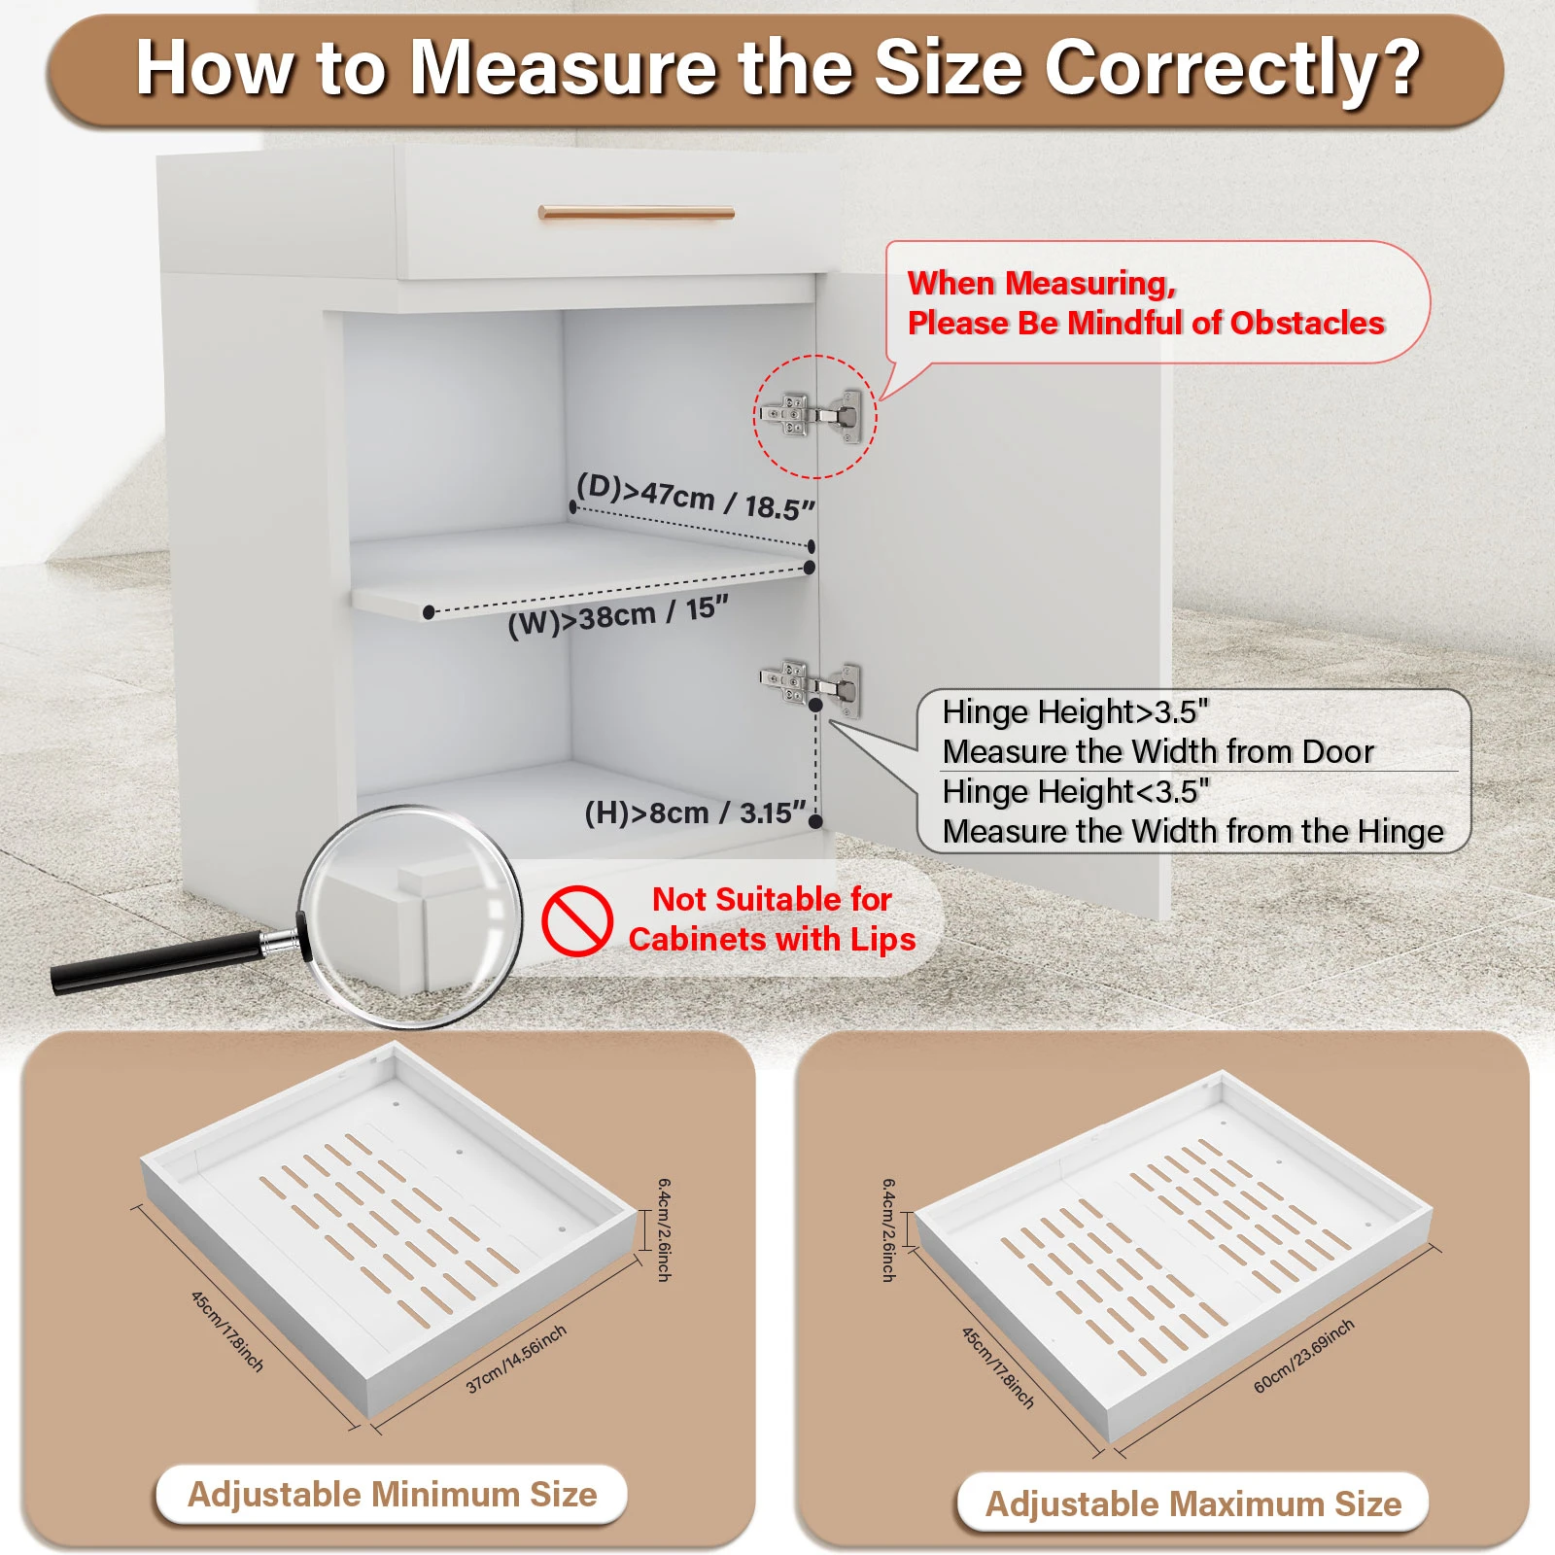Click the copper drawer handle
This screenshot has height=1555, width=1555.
click(637, 213)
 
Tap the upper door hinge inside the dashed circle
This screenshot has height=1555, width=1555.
click(812, 415)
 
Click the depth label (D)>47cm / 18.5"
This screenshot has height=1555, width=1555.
click(695, 497)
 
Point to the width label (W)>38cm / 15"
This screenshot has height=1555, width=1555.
click(617, 617)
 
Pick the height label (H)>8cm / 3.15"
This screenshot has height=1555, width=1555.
click(695, 812)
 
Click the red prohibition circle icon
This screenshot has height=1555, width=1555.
click(576, 920)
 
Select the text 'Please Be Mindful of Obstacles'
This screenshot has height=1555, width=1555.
click(1145, 323)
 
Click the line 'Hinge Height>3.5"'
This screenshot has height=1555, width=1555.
click(1075, 712)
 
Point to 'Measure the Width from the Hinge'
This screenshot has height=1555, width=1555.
click(1192, 832)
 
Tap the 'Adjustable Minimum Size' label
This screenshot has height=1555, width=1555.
click(392, 1494)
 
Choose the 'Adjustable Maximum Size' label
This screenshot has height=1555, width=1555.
click(1192, 1503)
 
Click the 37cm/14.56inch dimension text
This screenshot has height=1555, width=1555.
click(516, 1359)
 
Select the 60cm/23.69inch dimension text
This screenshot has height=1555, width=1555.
click(1303, 1356)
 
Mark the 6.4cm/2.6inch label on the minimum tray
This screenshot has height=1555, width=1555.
click(664, 1229)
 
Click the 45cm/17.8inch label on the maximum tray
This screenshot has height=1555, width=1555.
click(998, 1367)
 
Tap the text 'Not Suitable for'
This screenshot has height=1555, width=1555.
click(772, 899)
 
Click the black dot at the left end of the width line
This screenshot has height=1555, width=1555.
click(429, 612)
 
